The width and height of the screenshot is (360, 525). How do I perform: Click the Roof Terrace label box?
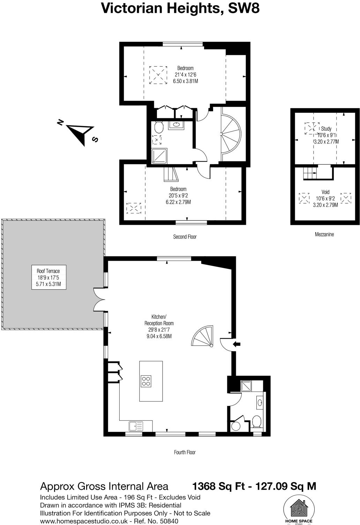pos(48,278)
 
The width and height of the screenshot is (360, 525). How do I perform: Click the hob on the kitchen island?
pos(146,380)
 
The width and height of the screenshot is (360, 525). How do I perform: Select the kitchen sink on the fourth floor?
pos(136,426)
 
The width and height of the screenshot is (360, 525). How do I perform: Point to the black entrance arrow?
pos(237,344)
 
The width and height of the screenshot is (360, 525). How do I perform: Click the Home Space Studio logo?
pos(299,510)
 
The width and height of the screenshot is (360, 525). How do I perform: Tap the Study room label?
pos(326,129)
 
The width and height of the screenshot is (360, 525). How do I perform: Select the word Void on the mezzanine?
pos(325,192)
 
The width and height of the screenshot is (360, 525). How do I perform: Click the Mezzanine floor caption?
pos(324,235)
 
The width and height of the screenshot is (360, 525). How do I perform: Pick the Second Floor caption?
pos(185,237)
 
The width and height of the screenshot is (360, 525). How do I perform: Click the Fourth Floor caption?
pos(185,452)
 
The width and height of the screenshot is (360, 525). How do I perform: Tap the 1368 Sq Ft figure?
pos(219,486)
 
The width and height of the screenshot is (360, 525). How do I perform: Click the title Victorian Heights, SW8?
pos(180,8)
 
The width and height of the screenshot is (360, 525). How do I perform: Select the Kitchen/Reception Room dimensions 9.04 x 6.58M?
pos(159,337)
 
